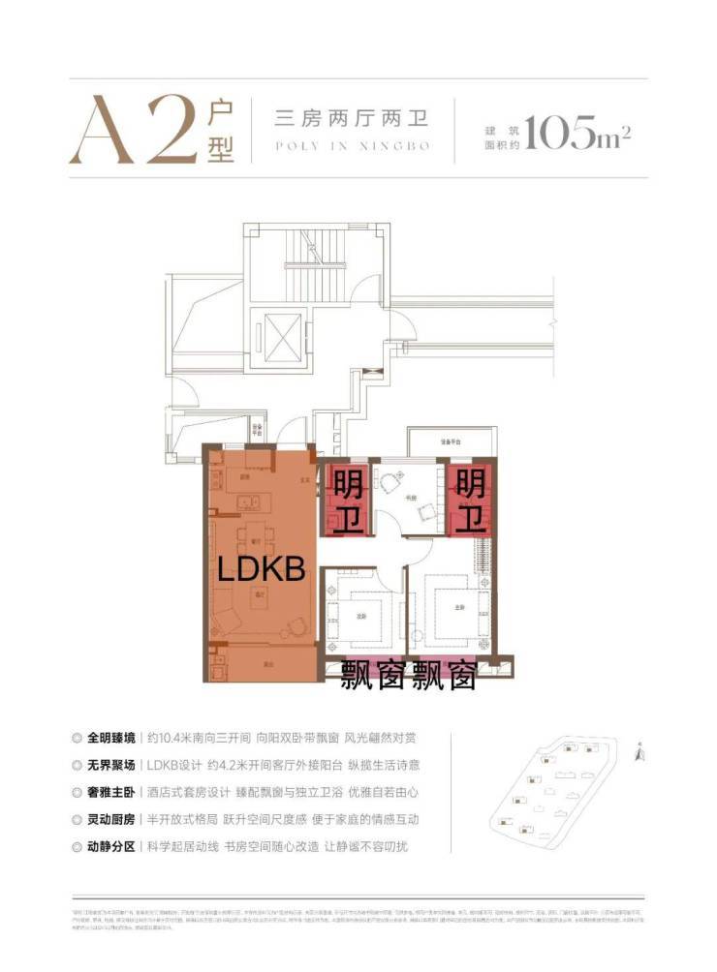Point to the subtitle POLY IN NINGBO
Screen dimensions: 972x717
pos(352,148)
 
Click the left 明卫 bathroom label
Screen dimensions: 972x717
pos(348,501)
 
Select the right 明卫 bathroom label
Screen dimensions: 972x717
pos(471,501)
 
